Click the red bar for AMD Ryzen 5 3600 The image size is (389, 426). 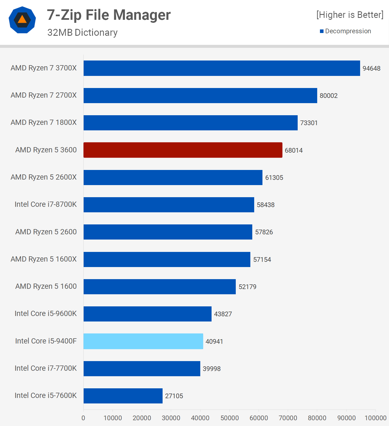click(183, 150)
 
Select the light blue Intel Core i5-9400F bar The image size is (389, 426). click(143, 341)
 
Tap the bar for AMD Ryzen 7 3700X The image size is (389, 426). click(222, 68)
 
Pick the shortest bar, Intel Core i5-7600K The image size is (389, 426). click(123, 396)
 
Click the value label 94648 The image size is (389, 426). click(371, 68)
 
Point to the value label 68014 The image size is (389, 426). click(294, 150)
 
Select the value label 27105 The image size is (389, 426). click(174, 396)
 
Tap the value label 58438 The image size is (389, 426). click(265, 205)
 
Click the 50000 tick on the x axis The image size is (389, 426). click(229, 418)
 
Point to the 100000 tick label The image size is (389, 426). click(375, 418)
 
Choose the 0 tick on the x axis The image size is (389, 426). click(83, 418)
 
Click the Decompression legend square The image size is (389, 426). click(322, 31)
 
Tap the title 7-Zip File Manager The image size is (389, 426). click(109, 15)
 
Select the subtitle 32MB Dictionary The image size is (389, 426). click(82, 32)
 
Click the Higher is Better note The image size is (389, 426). click(350, 15)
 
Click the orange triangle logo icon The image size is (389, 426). click(22, 20)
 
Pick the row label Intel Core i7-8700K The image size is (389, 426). click(46, 204)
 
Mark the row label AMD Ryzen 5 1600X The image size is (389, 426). click(43, 259)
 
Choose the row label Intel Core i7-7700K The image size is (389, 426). click(46, 368)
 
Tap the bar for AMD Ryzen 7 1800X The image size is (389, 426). click(190, 123)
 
